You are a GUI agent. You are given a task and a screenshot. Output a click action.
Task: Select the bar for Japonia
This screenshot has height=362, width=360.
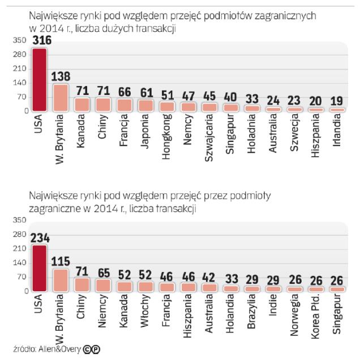tap(145, 105)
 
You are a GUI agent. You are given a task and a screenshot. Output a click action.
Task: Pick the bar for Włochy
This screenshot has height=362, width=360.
tap(145, 286)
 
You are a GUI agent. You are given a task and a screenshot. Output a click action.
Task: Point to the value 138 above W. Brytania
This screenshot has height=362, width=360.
tap(61, 75)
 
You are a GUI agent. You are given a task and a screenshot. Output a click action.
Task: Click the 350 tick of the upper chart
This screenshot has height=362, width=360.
tap(20, 40)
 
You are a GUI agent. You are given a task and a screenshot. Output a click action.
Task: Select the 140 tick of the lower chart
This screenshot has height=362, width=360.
tap(20, 263)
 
